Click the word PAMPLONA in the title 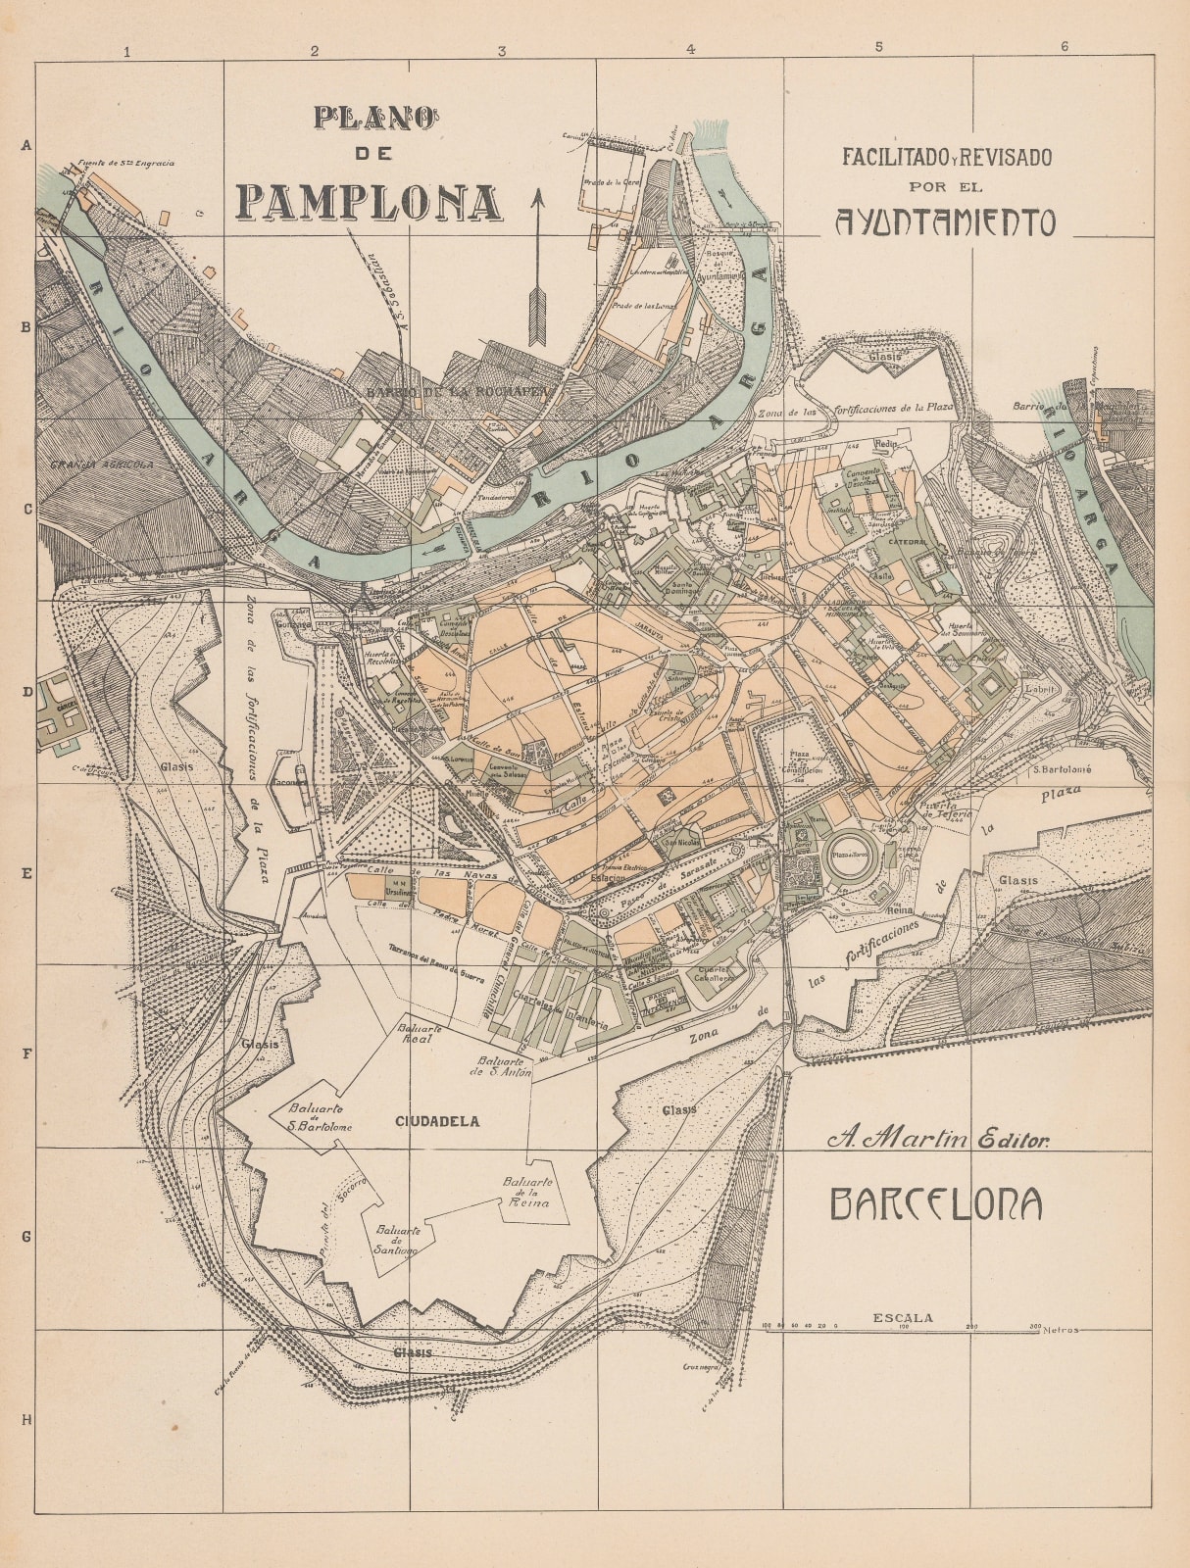pyautogui.click(x=370, y=201)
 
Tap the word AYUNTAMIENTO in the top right pyautogui.click(x=945, y=223)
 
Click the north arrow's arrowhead pyautogui.click(x=536, y=200)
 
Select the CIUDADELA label pyautogui.click(x=438, y=1121)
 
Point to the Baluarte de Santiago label pyautogui.click(x=396, y=1240)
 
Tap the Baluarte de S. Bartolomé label pyautogui.click(x=320, y=1117)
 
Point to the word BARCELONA pyautogui.click(x=936, y=1204)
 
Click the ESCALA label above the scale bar pyautogui.click(x=902, y=1318)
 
